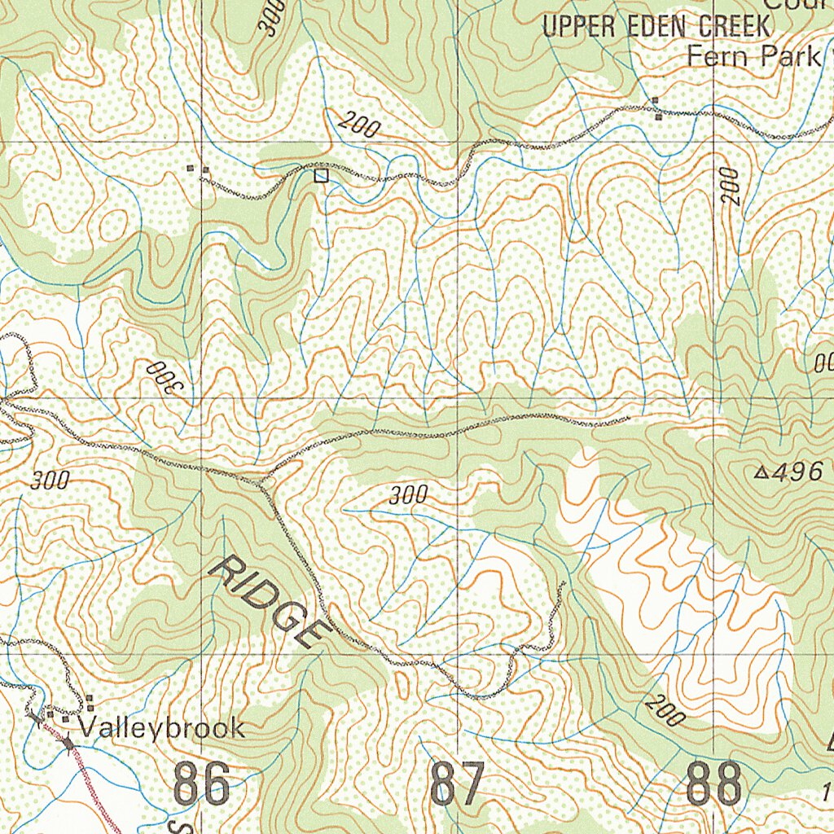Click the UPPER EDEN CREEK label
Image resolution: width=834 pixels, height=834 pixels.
[x=656, y=26]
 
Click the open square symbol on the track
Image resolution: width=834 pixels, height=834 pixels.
[x=321, y=175]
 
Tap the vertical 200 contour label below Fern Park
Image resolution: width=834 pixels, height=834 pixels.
[x=730, y=186]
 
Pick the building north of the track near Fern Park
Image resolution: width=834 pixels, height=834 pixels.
[x=656, y=102]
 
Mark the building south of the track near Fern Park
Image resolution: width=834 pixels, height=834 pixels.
[x=658, y=116]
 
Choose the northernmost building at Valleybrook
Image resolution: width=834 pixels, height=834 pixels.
[x=90, y=699]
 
